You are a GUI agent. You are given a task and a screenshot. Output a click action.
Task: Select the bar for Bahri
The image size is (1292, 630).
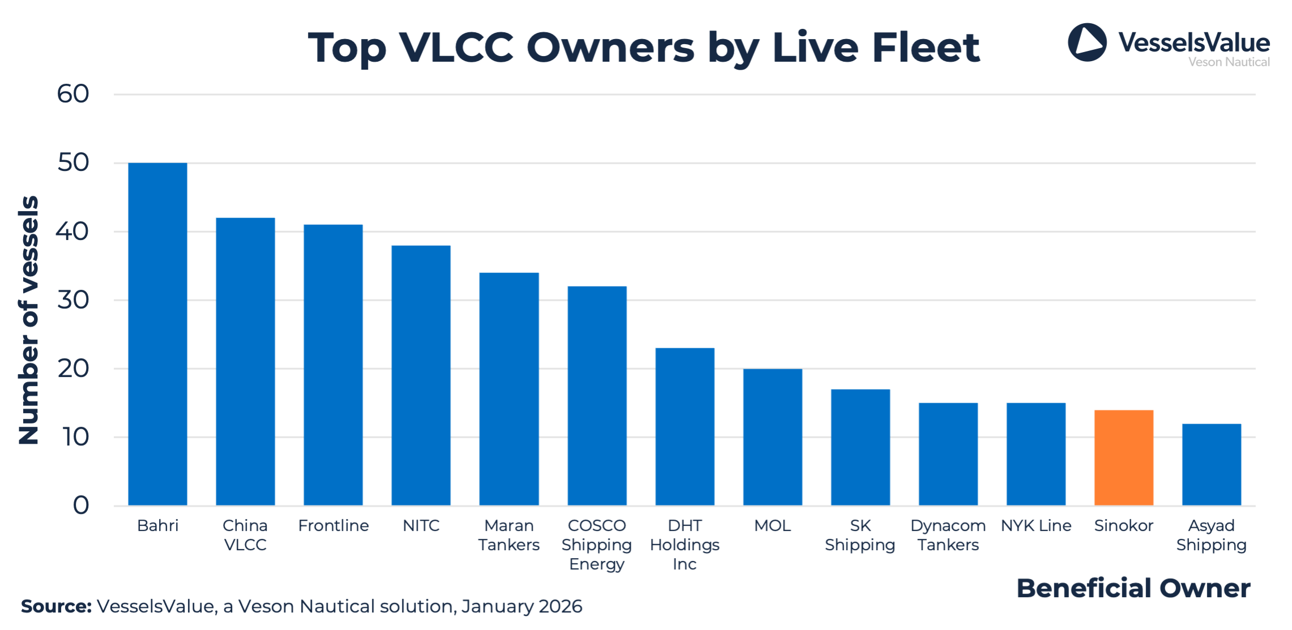[x=157, y=334]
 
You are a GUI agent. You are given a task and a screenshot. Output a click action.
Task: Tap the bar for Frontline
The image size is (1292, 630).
[x=333, y=365]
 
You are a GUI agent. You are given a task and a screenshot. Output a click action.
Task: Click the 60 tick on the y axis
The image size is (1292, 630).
[x=73, y=94]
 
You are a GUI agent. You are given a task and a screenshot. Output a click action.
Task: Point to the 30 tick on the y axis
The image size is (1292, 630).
[x=73, y=300]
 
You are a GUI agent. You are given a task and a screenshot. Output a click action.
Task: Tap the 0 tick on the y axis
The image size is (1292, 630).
[x=81, y=505]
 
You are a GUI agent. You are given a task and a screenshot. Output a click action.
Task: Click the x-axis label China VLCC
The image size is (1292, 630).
[x=245, y=535]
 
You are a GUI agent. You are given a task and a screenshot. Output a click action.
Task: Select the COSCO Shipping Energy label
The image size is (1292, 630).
[x=596, y=545]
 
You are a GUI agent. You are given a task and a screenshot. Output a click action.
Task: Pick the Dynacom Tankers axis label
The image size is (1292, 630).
[x=948, y=535]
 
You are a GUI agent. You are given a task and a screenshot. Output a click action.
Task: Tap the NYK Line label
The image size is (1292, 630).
[x=1036, y=526]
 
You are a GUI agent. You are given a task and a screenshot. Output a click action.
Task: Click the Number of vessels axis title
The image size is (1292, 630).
[x=28, y=320]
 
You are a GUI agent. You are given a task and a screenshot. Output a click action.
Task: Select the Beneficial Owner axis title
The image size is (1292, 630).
[x=1133, y=588]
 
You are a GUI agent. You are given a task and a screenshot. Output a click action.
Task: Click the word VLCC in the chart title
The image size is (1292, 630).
[x=456, y=47]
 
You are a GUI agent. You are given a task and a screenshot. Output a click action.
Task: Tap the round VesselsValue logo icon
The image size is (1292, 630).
[x=1086, y=42]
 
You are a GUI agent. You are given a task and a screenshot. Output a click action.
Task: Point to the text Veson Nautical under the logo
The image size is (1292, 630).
[x=1229, y=62]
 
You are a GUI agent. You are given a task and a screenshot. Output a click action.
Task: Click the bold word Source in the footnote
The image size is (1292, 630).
[x=56, y=606]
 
